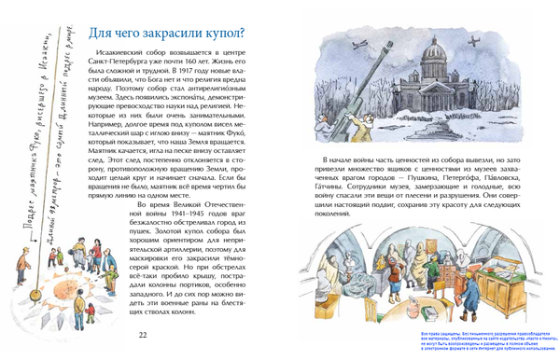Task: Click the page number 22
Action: pyautogui.click(x=142, y=336)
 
